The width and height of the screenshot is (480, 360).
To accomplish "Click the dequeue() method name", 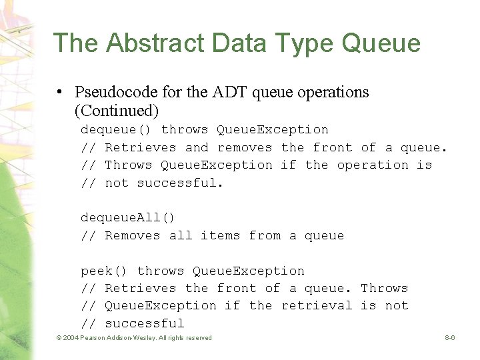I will coord(116,129).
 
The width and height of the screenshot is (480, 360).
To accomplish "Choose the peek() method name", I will coord(104,271).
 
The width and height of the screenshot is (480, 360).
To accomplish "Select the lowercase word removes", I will coord(245,147).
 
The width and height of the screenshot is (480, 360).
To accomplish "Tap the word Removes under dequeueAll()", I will coord(133,235).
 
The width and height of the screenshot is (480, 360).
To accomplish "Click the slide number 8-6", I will coord(450,338).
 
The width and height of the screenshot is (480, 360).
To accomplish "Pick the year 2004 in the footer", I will coord(70,338).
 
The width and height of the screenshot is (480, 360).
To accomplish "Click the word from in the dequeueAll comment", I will coord(265,235).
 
